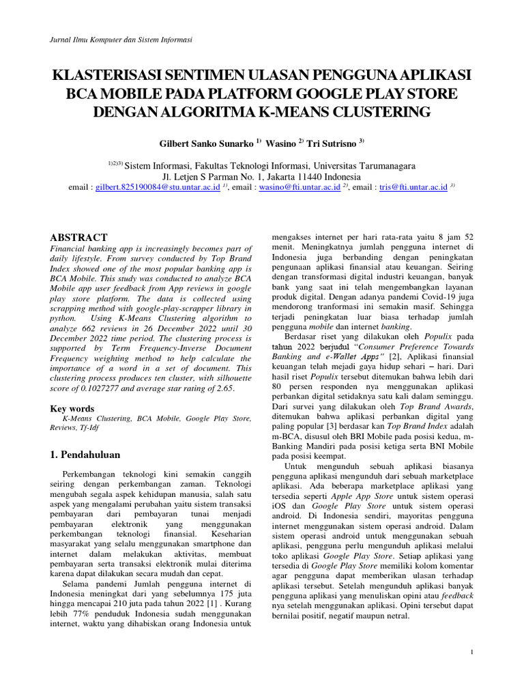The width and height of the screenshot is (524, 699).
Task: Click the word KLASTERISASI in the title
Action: click(x=108, y=74)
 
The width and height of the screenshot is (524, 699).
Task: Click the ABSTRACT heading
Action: click(x=78, y=238)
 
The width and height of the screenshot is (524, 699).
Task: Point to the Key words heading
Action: click(x=72, y=408)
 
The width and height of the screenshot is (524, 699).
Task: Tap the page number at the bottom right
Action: click(x=471, y=653)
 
